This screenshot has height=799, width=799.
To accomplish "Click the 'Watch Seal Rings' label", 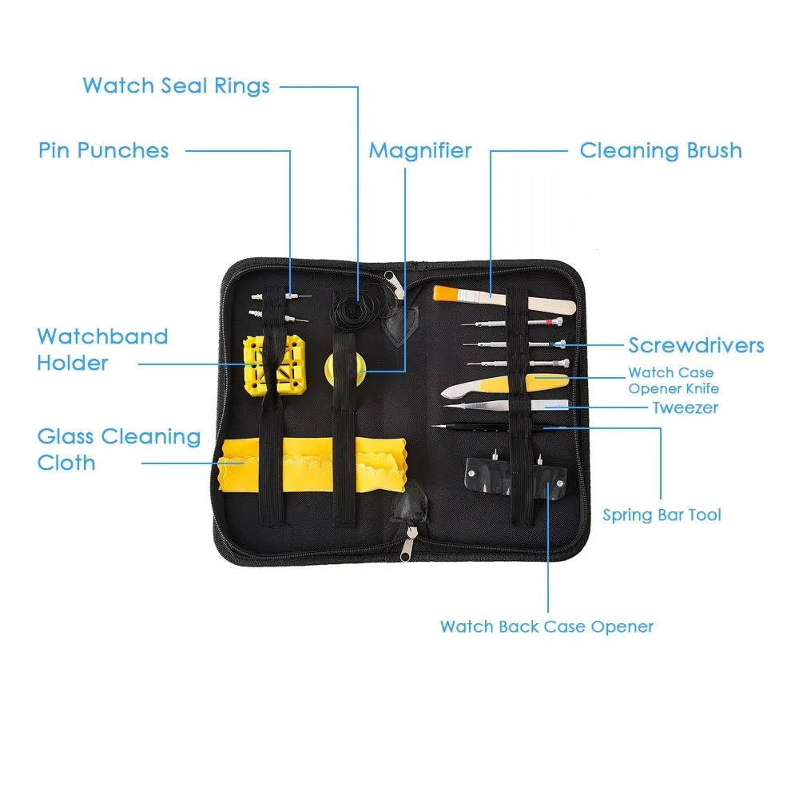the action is (x=176, y=85).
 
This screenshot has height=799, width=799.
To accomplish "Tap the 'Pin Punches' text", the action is (x=103, y=150).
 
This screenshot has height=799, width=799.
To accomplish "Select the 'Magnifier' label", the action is (x=419, y=150).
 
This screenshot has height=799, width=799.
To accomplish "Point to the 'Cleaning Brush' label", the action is (x=660, y=150).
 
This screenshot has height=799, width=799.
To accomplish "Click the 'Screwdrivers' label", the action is (x=696, y=345).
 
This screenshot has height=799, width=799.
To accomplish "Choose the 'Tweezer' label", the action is (x=685, y=407).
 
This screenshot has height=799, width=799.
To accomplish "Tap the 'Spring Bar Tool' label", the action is (x=662, y=515).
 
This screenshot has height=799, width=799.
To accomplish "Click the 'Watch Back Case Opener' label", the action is (x=547, y=626).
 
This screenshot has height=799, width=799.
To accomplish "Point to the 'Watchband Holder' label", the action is (x=102, y=349).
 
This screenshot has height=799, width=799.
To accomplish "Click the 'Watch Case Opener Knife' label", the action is (x=673, y=380).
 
